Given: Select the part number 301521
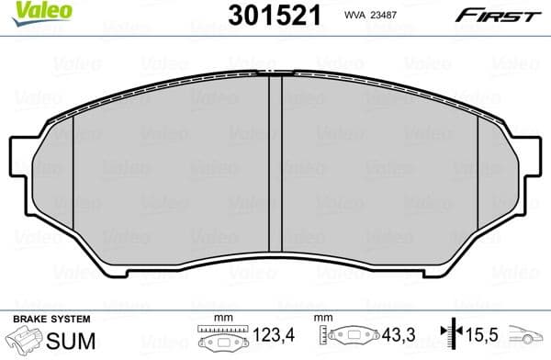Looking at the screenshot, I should click(x=274, y=17).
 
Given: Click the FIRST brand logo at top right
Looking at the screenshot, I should click(x=495, y=15).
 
